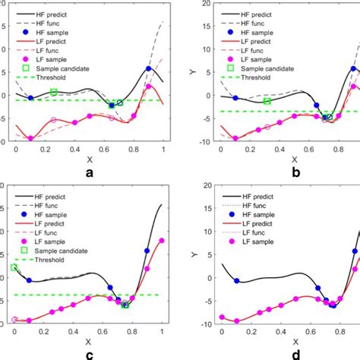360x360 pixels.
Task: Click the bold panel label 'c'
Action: coord(90,355)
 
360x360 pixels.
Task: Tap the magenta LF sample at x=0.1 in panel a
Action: coord(30,137)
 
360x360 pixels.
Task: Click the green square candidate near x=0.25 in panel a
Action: coord(53,93)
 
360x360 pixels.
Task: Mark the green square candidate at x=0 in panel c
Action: coord(15,267)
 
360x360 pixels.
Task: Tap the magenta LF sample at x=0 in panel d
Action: coord(222,317)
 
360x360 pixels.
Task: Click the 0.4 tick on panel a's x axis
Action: coord(74,150)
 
